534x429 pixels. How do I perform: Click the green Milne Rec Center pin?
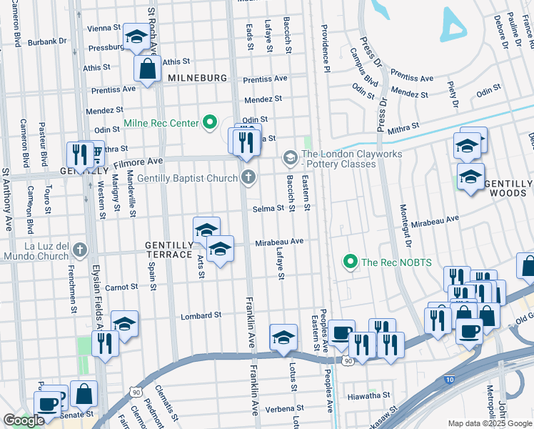tap(209, 123)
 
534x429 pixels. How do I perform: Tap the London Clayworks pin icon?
tap(290, 157)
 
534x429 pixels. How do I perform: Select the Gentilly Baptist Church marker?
tap(248, 177)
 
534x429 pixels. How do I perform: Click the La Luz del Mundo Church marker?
tap(80, 251)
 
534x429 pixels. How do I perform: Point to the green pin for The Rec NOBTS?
tap(350, 262)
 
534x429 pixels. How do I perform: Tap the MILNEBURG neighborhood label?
tap(197, 77)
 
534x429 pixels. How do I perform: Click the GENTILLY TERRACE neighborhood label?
tap(168, 250)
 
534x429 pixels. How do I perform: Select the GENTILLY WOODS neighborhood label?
tap(509, 188)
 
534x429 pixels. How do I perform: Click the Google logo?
tap(24, 420)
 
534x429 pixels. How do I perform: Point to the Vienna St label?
tap(104, 28)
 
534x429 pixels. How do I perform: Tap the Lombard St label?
tap(201, 315)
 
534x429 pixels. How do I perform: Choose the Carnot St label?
tap(121, 287)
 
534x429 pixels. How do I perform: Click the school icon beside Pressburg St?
tap(136, 37)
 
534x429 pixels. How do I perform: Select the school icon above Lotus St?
tap(283, 337)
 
